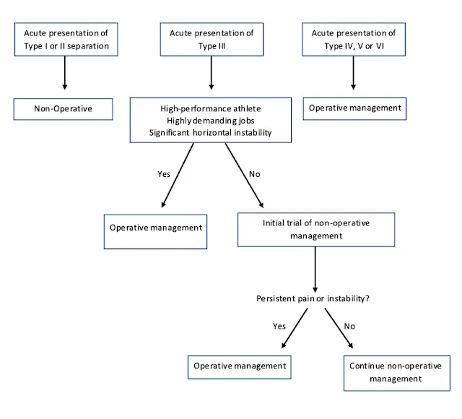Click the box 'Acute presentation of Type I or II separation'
tap(66, 40)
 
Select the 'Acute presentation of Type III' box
tap(212, 40)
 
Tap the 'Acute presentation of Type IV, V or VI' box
tap(354, 40)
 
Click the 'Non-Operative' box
tap(63, 109)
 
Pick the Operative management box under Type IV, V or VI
tap(354, 108)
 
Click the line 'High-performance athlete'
tap(211, 109)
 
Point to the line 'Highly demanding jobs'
tap(211, 121)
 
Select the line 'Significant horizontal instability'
tap(210, 133)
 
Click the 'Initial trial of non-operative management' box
tap(316, 230)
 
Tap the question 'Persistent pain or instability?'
tap(313, 298)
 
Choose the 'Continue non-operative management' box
tap(397, 373)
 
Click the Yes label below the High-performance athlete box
tap(164, 174)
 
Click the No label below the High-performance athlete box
tap(255, 174)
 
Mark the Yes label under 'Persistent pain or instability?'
tap(279, 326)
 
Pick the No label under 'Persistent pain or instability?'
tap(349, 326)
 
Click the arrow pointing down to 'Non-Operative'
tap(65, 73)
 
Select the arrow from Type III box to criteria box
tap(212, 73)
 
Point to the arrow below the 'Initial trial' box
tap(315, 269)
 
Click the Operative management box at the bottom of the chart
tap(240, 367)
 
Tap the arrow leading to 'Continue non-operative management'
tap(339, 329)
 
